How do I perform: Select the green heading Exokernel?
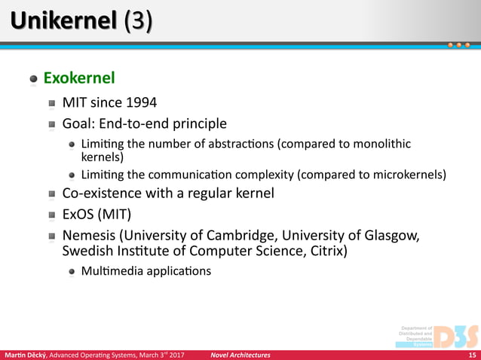[79, 78]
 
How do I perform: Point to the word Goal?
[78, 124]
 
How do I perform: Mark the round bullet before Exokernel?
[33, 78]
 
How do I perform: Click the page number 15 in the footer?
[471, 355]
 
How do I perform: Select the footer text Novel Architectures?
[240, 355]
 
